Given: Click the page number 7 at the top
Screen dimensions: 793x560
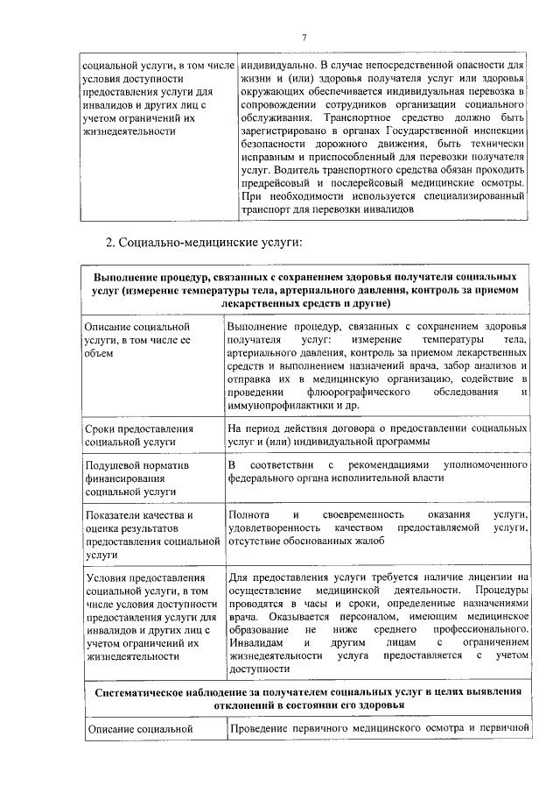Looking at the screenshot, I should pos(304,36).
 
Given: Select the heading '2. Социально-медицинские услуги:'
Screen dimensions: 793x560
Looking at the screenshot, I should pos(204,240).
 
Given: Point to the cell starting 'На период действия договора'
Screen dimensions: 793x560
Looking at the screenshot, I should pos(376,435).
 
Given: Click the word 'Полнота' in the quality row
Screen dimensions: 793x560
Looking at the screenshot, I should pos(249,513).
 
